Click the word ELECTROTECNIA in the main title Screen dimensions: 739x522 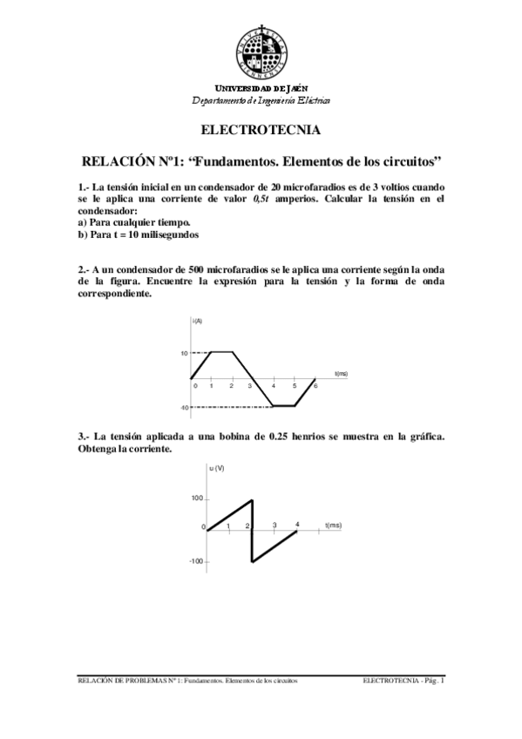coord(261,131)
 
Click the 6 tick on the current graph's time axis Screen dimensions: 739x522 coord(315,386)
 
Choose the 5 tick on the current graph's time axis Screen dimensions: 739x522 coord(295,386)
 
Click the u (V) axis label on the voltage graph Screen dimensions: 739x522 coord(217,469)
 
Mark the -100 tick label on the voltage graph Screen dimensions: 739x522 coord(195,562)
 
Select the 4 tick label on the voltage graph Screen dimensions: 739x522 coord(298,524)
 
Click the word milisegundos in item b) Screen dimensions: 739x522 coord(172,235)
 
